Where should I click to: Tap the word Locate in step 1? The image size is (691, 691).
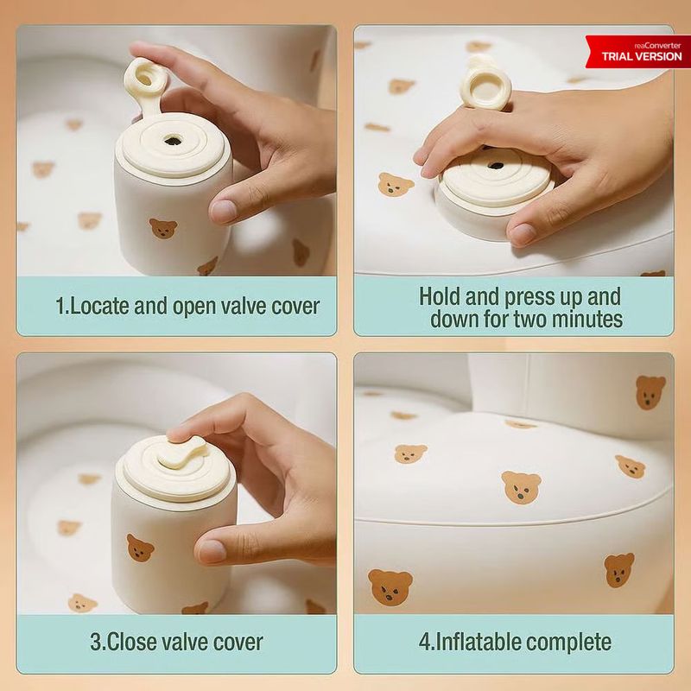pos(99,306)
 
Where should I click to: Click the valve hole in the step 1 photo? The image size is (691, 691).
pos(171,141)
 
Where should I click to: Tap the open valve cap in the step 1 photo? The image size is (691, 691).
pos(146,79)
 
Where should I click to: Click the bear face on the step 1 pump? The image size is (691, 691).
pos(163,229)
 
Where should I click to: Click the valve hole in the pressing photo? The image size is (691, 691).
pos(496,166)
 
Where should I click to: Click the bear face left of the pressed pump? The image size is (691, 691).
pos(396,185)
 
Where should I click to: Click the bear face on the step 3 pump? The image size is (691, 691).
pos(140,548)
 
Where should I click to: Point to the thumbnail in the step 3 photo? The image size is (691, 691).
pos(212,551)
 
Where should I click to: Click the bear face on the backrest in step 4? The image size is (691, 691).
pos(650,392)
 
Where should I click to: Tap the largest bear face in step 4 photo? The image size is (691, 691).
pos(390,586)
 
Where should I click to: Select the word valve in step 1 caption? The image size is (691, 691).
pos(243,306)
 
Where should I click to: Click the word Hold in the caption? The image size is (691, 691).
pos(441,296)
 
